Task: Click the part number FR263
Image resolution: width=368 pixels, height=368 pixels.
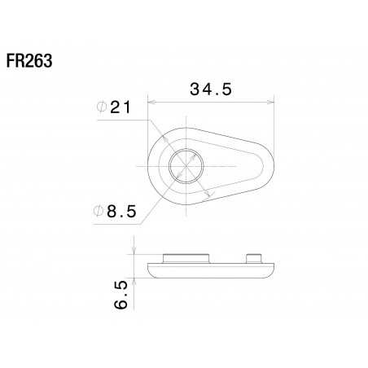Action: coord(29,61)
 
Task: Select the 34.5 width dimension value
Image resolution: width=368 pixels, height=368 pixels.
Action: coord(211,90)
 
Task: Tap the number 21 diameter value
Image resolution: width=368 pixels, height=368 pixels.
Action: coord(120,107)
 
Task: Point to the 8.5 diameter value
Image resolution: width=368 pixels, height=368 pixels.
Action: coord(121,212)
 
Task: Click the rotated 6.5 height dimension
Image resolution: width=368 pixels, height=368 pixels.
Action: coord(120,295)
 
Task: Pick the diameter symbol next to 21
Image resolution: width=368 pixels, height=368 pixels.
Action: coord(102,107)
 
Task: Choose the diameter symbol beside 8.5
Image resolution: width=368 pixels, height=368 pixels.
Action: coord(98,211)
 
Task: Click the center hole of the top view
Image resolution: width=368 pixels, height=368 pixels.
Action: coord(186,166)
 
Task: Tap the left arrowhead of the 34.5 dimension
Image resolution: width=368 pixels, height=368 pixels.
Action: coord(151,102)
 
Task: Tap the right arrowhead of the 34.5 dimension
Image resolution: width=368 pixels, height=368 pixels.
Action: coord(270,102)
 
